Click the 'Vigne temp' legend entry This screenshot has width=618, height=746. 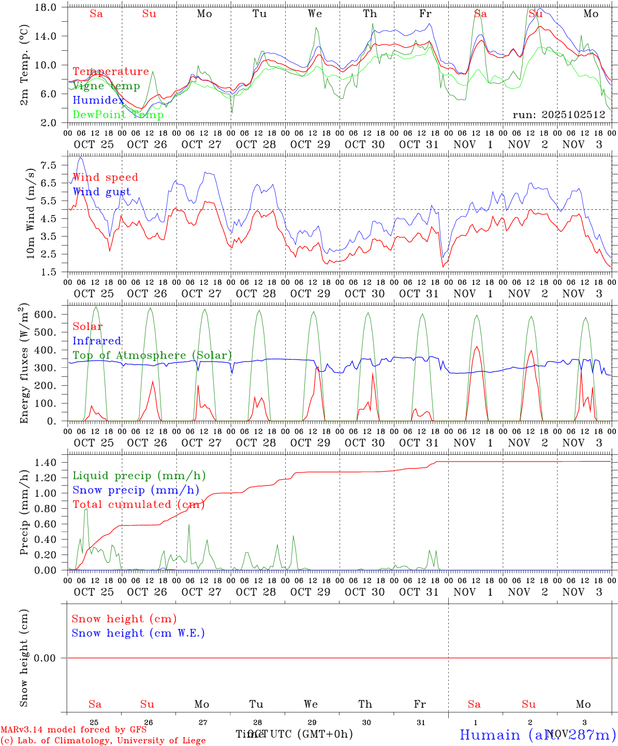106,86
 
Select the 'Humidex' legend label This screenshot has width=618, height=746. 98,101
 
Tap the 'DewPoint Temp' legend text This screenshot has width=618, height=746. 118,115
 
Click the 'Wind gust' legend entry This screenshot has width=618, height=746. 101,192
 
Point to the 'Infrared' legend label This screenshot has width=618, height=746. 97,341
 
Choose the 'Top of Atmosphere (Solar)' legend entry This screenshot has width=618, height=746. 152,355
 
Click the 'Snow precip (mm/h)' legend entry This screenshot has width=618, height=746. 136,490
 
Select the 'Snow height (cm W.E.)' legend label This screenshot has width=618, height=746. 138,633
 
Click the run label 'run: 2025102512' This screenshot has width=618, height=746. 559,115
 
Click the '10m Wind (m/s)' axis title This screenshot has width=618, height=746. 31,213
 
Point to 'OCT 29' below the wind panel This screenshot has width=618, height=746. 310,294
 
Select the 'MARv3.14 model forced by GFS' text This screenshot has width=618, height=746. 73,729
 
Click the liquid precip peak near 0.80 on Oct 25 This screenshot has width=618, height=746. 86,509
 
